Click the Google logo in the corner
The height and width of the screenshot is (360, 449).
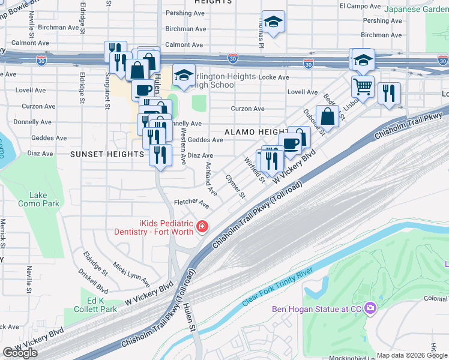[20, 353]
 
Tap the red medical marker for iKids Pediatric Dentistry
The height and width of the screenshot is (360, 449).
[202, 227]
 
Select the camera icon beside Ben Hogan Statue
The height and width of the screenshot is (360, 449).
[370, 308]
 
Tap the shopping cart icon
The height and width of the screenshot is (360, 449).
[363, 86]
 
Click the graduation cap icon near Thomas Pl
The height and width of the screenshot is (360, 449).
[273, 23]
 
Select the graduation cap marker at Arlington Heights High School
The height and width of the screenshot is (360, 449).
[184, 75]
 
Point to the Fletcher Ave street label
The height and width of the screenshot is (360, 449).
[191, 204]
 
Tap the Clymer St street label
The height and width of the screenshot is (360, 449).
[235, 187]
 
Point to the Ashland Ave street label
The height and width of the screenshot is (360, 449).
[211, 179]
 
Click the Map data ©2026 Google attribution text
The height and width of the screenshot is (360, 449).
[412, 355]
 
